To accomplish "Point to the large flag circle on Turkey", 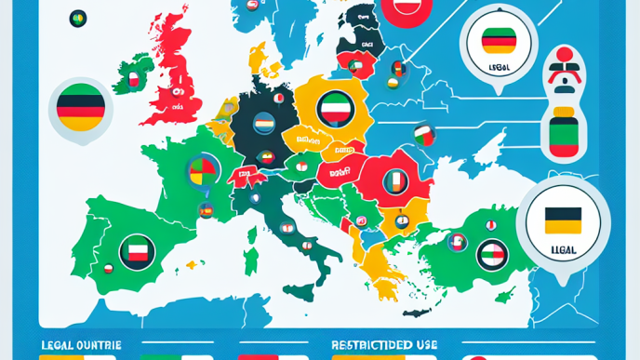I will tap(491, 253).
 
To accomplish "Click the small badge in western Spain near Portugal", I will tap(108, 269).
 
